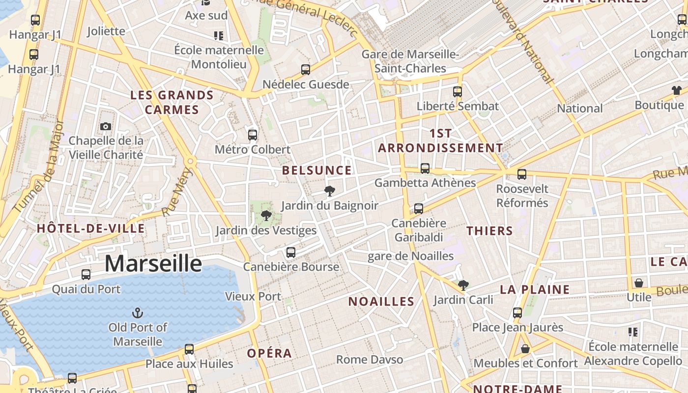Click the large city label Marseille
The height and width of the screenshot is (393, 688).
click(153, 264)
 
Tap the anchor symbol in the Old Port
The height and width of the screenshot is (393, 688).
click(138, 312)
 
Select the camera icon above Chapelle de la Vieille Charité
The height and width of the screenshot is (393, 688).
click(106, 127)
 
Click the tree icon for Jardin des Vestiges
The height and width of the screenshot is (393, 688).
click(266, 215)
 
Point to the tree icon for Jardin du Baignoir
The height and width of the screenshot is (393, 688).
click(330, 191)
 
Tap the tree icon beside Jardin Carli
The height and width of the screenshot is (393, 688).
click(463, 285)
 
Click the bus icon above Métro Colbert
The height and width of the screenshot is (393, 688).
click(253, 135)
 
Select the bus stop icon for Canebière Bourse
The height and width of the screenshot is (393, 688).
click(291, 253)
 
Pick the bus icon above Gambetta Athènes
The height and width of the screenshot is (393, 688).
click(425, 168)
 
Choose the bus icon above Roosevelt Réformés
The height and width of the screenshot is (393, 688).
click(522, 174)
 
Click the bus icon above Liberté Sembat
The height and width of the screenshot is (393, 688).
click(458, 91)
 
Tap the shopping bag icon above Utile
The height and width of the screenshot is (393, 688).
click(639, 283)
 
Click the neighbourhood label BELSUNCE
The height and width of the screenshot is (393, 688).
click(317, 170)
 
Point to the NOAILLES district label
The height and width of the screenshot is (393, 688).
click(381, 302)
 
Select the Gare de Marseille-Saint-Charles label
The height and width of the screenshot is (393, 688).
click(410, 61)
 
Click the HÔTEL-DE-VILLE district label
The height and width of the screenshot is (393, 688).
click(91, 228)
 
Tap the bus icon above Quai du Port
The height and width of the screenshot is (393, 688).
click(86, 275)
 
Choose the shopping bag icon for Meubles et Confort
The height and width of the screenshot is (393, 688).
click(525, 349)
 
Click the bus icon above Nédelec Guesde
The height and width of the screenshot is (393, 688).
click(306, 70)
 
